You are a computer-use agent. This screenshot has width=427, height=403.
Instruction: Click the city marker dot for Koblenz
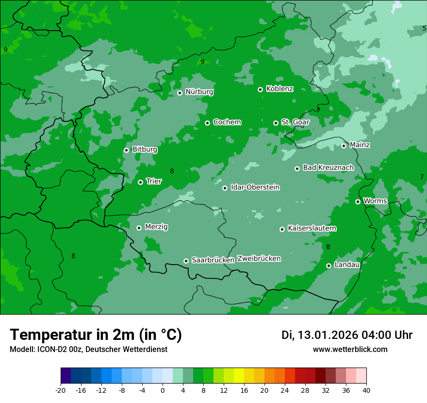coord(260,89)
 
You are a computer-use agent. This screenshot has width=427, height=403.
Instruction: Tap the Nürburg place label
coord(199,92)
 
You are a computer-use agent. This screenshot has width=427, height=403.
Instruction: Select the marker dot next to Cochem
coord(207,123)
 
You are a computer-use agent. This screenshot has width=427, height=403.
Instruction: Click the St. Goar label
coord(295,122)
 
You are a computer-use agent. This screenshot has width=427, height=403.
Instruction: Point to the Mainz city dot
coord(344,146)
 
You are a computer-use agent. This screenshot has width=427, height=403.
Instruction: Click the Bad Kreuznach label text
coord(328,168)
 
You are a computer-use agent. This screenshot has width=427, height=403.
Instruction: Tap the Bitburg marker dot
coord(126,150)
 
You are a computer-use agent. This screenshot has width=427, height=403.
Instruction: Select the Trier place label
coord(154,181)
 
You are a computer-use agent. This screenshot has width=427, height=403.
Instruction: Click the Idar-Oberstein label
coord(255,187)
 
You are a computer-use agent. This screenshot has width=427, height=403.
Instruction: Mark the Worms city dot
coord(358,201)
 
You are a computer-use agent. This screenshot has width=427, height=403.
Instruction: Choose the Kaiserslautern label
coord(312,228)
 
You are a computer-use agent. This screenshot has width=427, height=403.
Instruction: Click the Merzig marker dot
coord(139,228)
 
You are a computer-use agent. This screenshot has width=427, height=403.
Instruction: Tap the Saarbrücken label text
coord(213,260)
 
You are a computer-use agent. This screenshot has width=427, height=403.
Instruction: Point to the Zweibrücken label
coord(259,259)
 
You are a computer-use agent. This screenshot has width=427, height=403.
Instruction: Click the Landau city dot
coord(328,266)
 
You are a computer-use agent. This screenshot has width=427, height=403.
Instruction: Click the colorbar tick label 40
coord(366,390)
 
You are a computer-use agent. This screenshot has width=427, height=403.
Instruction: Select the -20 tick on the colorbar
coord(61,390)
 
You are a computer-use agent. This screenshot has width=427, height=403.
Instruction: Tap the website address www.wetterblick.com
coord(350,350)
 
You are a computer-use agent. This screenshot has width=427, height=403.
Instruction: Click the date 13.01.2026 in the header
coord(328,335)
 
